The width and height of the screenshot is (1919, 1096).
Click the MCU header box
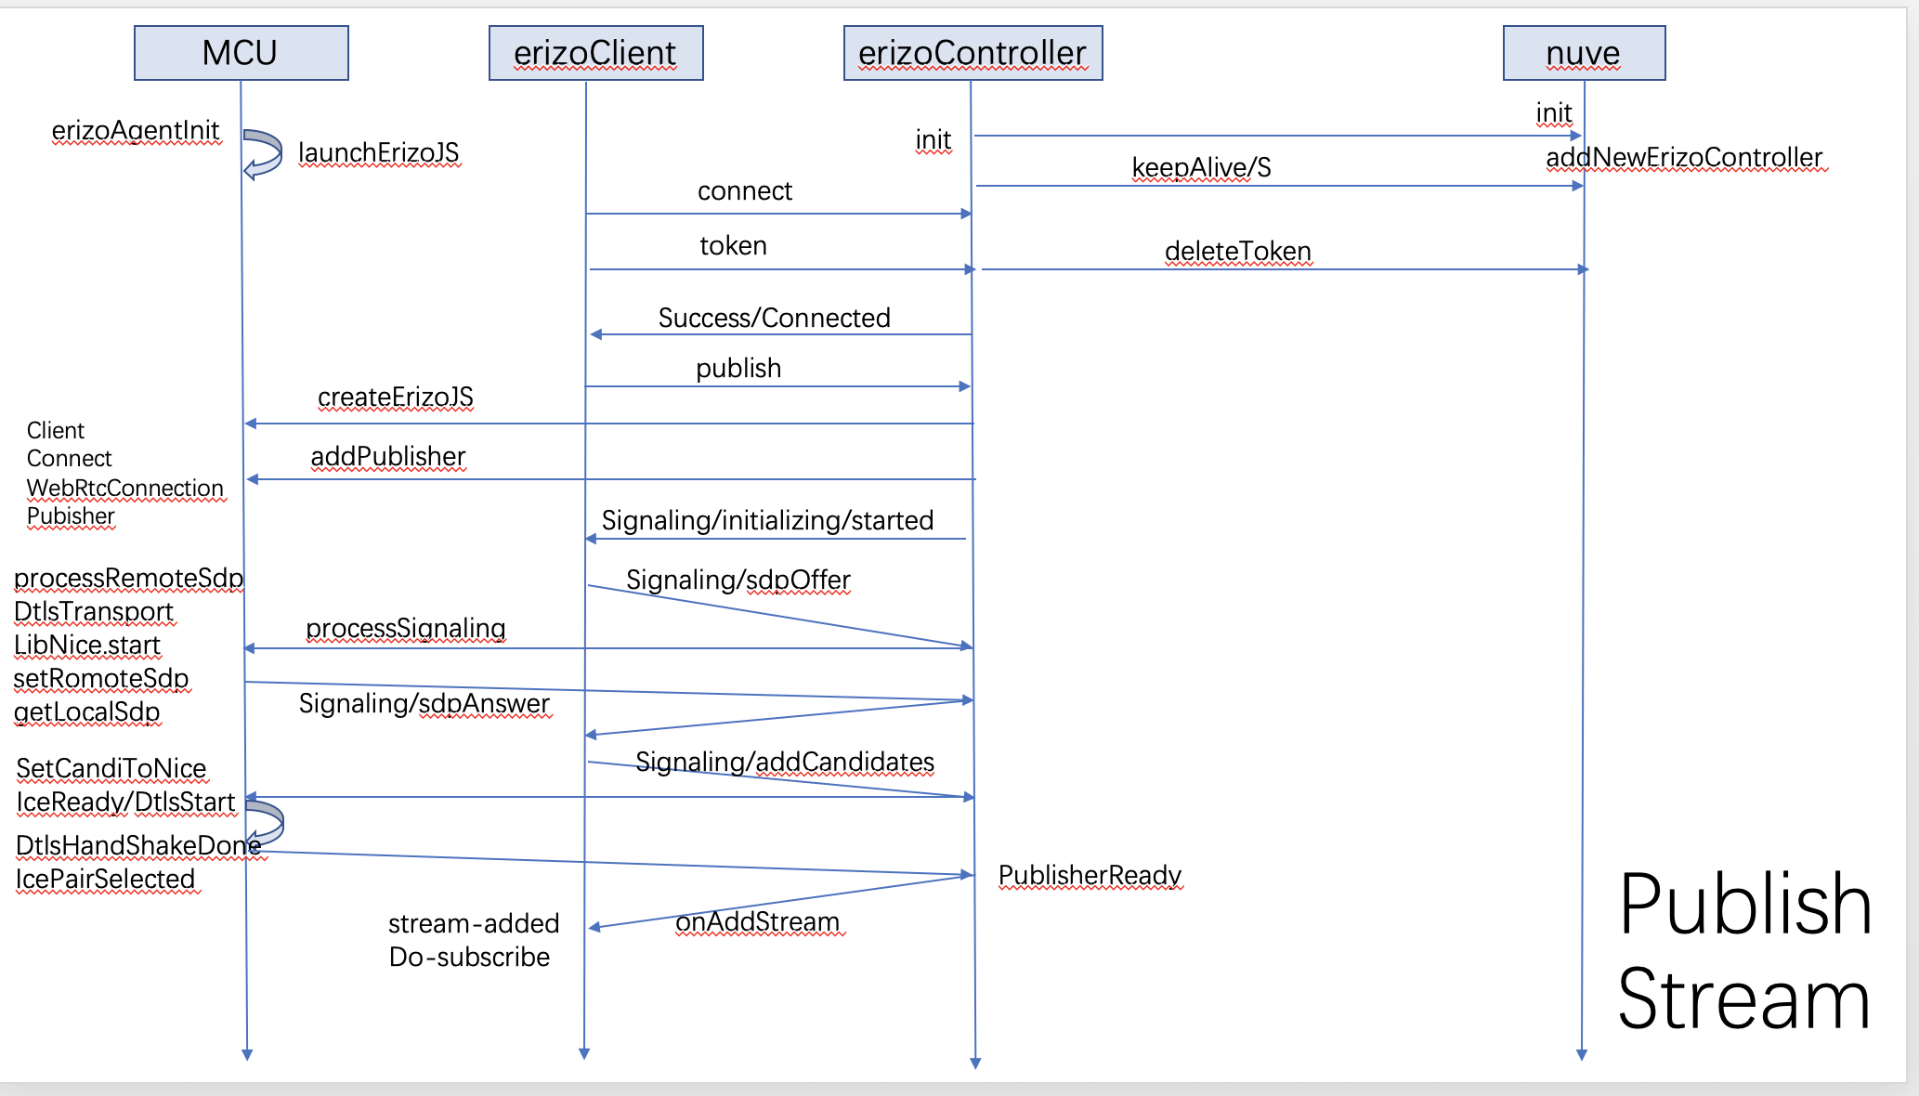(x=241, y=53)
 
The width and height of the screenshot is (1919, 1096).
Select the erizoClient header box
(x=595, y=53)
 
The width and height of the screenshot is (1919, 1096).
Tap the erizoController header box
(x=973, y=53)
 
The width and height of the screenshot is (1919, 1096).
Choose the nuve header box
(x=1584, y=53)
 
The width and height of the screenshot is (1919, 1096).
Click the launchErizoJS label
(x=378, y=152)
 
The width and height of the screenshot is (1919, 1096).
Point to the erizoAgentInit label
(x=136, y=130)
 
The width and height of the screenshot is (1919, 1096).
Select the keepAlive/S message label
(x=1201, y=167)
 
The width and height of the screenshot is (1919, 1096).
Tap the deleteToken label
(x=1237, y=251)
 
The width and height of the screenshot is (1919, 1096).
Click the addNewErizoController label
(x=1684, y=157)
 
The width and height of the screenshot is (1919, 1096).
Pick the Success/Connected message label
(x=774, y=318)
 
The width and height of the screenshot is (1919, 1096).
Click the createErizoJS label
(x=395, y=397)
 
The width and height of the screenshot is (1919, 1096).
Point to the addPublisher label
(x=387, y=456)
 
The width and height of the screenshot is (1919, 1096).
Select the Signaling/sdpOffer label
(x=738, y=580)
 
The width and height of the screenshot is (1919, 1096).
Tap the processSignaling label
(x=405, y=628)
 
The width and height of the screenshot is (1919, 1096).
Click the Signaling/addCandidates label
(x=784, y=762)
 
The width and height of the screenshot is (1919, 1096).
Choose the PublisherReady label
(x=1090, y=875)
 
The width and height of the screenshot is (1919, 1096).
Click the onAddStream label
(x=757, y=921)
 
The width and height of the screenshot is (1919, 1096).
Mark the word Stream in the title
(x=1743, y=999)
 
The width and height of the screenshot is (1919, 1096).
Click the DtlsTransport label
(x=94, y=611)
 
